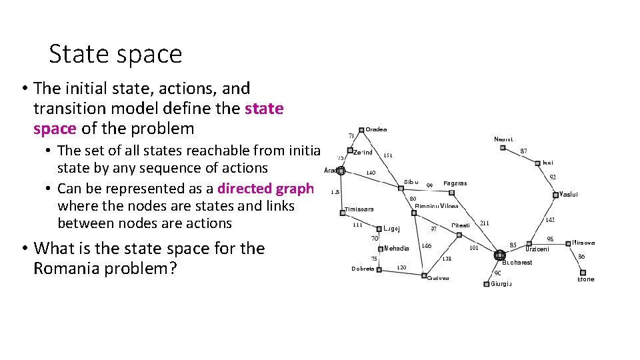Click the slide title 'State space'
click(x=115, y=53)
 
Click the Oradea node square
click(x=361, y=130)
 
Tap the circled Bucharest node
click(x=499, y=255)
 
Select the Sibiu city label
click(x=411, y=182)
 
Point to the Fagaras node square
click(x=451, y=193)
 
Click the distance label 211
click(x=484, y=223)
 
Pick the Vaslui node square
click(x=555, y=195)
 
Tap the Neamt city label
click(x=503, y=139)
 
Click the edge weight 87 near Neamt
click(x=523, y=151)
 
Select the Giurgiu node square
click(x=486, y=284)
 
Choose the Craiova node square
click(x=423, y=275)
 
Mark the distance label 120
click(x=402, y=267)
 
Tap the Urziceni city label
click(x=537, y=249)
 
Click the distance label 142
click(x=550, y=219)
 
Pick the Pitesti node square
click(x=459, y=235)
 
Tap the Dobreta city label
click(x=363, y=269)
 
